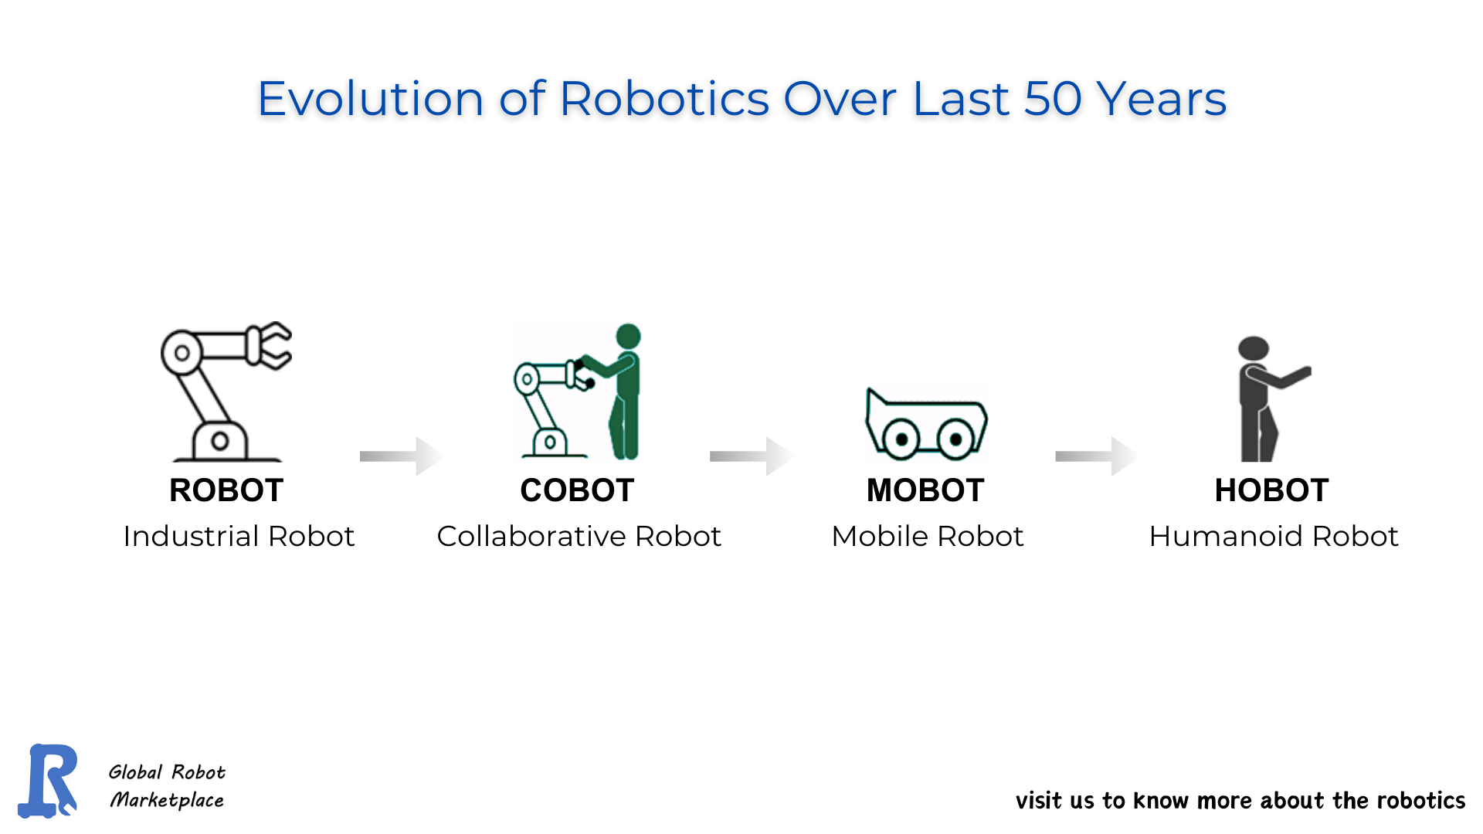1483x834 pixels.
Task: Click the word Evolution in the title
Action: (370, 99)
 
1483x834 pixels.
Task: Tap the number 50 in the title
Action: (1052, 99)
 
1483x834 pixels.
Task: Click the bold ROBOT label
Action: (226, 490)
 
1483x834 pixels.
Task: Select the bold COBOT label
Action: (577, 490)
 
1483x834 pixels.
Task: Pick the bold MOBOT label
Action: (925, 490)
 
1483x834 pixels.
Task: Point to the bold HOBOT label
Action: (1271, 490)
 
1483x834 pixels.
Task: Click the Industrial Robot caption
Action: (239, 536)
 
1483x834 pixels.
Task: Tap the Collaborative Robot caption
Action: (579, 536)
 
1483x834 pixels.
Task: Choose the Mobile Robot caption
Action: (927, 536)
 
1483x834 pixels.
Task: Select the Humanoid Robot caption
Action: (1273, 536)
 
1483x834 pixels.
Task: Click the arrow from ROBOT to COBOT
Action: (401, 456)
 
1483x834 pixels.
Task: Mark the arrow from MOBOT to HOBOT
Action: (1096, 456)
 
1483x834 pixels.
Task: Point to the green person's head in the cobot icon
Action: (628, 336)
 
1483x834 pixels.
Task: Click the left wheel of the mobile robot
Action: (901, 439)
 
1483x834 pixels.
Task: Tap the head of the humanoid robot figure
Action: (1253, 347)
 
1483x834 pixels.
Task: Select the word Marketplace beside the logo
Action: (167, 800)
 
